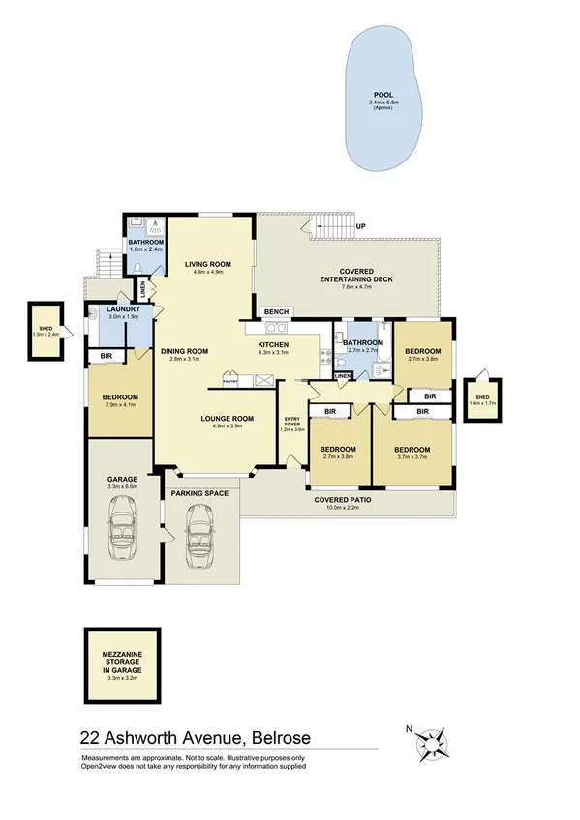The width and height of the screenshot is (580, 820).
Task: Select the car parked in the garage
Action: click(x=122, y=537)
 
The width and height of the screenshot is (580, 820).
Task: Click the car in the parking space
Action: click(x=198, y=542)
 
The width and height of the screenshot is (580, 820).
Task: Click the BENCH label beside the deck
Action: click(x=278, y=312)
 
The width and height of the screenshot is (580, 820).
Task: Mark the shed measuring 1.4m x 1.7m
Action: click(x=480, y=397)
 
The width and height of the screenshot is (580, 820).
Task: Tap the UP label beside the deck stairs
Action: click(x=361, y=226)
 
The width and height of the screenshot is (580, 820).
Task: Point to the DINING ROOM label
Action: click(x=184, y=351)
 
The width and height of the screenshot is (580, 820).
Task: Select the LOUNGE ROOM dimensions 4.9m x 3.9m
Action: click(x=227, y=426)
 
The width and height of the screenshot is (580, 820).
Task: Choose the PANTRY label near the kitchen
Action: click(x=230, y=380)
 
